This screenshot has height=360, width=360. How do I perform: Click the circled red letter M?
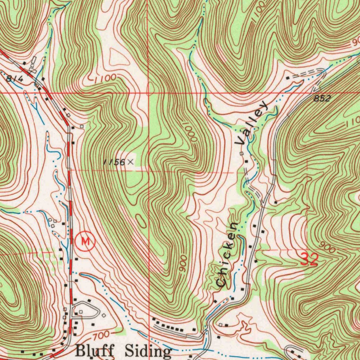click(85, 241)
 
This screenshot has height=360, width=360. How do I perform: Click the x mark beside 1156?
click(130, 162)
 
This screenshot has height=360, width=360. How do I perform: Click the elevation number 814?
click(15, 79)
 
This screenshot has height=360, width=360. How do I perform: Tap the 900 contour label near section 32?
click(328, 249)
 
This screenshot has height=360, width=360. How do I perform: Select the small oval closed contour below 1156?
click(142, 222)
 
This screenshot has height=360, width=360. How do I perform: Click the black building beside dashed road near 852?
click(288, 78)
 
